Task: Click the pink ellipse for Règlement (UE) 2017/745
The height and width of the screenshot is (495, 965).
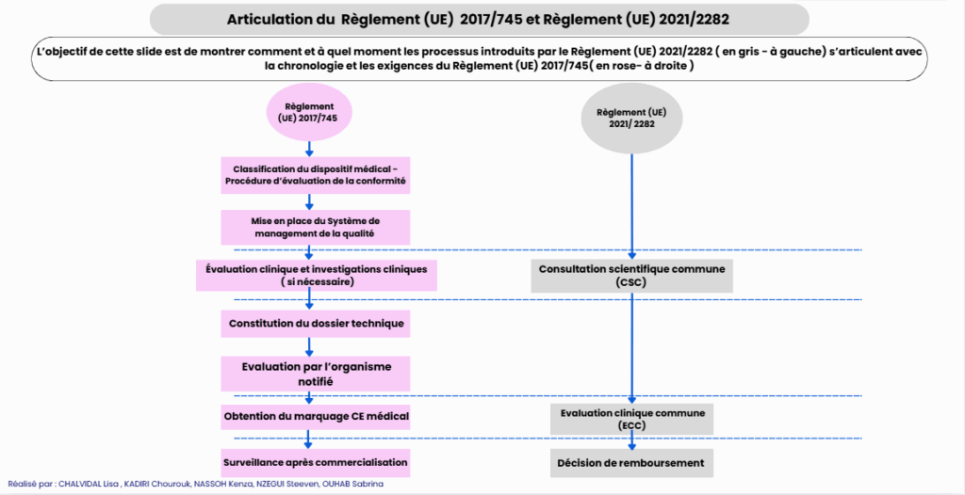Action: coord(310,112)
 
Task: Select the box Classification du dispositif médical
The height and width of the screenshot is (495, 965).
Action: coord(316,174)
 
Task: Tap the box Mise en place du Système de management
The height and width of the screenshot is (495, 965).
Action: coord(316,226)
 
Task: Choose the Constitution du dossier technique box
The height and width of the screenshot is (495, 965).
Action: coord(316,324)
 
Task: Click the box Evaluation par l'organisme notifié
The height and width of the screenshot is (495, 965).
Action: coord(316,373)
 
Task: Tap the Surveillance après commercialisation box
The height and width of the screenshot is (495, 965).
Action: coord(316,462)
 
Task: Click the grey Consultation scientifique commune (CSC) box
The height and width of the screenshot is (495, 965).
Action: coord(632,275)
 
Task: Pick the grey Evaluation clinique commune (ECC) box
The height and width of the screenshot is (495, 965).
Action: coord(632,419)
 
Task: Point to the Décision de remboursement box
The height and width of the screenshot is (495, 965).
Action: coord(632,462)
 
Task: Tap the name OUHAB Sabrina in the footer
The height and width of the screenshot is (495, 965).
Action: coord(351,484)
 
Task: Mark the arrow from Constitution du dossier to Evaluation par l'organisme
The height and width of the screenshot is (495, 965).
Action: coord(310,346)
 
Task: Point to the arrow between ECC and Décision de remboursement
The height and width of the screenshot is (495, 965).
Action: coord(632,440)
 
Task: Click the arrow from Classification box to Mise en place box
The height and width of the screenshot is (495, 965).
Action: coord(310,200)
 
